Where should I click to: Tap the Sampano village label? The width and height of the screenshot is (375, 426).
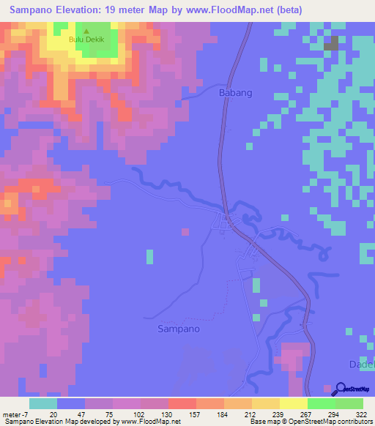pos(179,329)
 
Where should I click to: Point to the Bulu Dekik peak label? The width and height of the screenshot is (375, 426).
pos(86,42)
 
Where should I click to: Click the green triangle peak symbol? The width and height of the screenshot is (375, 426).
pos(86,32)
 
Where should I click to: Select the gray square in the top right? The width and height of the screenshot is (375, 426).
pos(332,43)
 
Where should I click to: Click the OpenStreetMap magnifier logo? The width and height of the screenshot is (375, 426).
pos(341,389)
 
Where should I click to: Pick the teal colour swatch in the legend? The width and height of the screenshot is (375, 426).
pos(42,403)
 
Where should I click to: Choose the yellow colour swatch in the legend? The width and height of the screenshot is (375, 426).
pos(293,403)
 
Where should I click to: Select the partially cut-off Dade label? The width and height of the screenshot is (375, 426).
pos(363,365)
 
